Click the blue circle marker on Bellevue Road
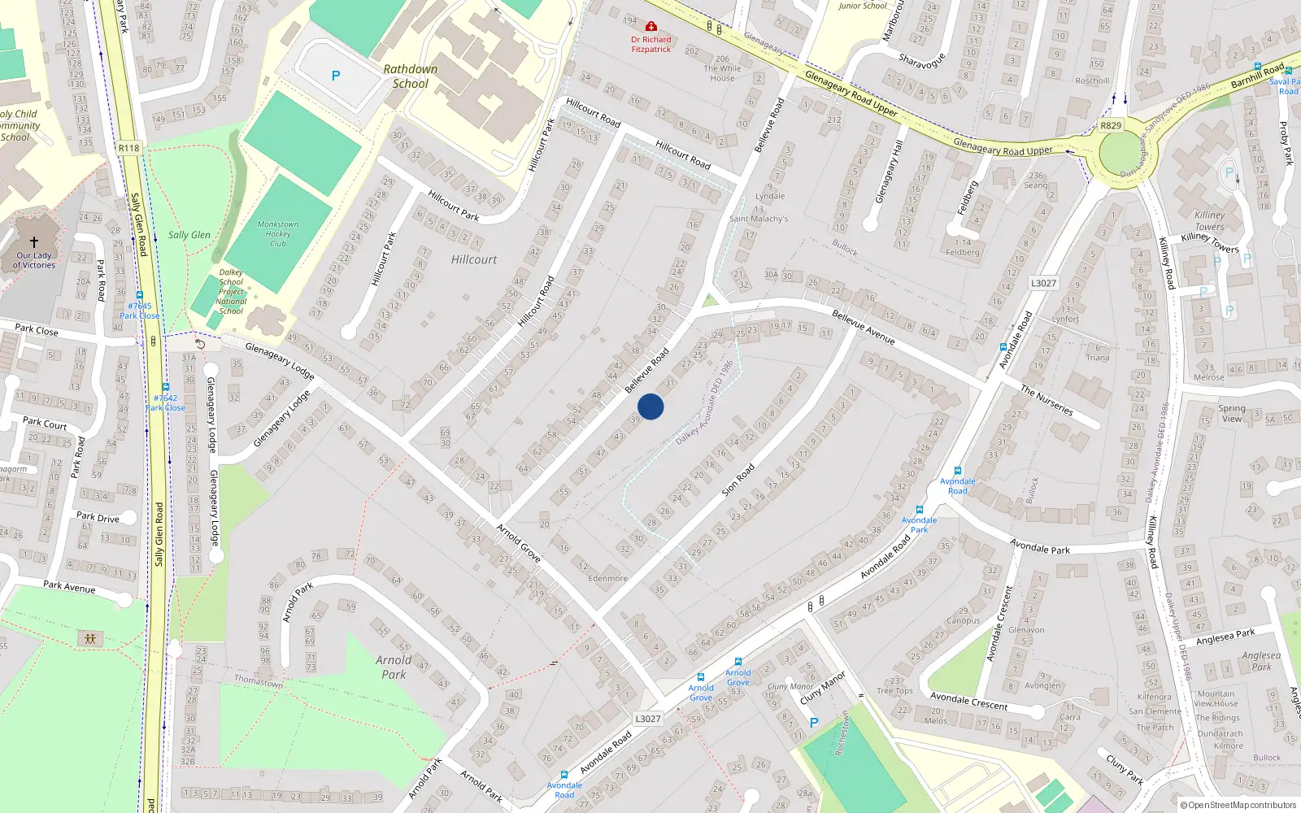point(650,406)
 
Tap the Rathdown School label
point(411,76)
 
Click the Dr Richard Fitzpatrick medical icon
point(650,27)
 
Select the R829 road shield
point(1111,125)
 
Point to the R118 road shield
point(128,148)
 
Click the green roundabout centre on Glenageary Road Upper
point(1120,153)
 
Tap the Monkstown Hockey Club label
point(278,233)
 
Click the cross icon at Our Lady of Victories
point(34,242)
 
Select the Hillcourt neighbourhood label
point(473,259)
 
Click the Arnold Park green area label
point(394,667)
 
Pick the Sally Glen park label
point(189,235)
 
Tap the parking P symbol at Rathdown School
point(336,76)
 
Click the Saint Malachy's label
point(759,219)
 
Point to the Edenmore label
point(607,579)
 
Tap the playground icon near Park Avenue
point(90,638)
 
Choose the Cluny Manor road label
point(823,687)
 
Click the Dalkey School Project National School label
point(231,291)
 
